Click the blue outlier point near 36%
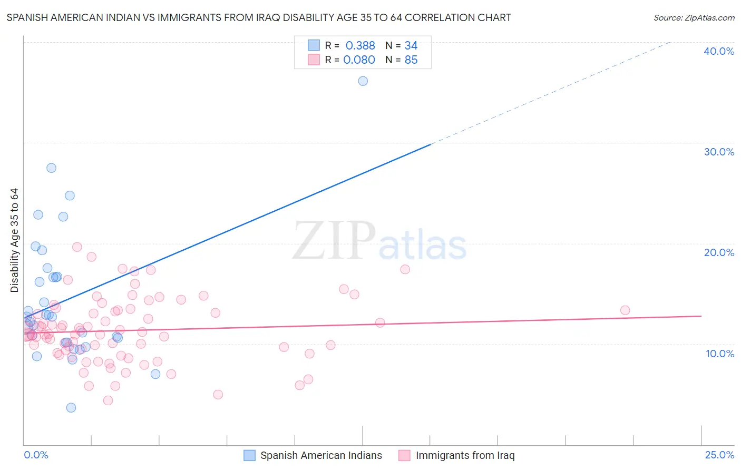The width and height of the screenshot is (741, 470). [x=363, y=81]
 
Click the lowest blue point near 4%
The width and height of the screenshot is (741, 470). [x=71, y=407]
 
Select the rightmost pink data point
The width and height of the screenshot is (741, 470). [x=625, y=310]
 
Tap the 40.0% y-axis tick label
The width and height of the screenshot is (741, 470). [x=719, y=51]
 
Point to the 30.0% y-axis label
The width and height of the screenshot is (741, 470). [x=719, y=152]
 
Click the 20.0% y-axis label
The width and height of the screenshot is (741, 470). [x=719, y=252]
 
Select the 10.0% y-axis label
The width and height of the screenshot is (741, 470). [x=720, y=354]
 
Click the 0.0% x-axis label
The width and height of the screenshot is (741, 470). [x=36, y=455]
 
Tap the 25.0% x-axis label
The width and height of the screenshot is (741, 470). [x=719, y=455]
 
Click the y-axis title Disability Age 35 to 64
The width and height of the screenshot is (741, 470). [x=14, y=240]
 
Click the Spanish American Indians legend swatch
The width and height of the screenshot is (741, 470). [x=249, y=455]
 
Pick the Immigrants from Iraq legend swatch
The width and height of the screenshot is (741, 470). [x=404, y=455]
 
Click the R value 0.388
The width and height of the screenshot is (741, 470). [x=360, y=46]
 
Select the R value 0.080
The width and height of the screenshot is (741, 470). [x=359, y=60]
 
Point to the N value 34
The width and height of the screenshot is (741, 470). [x=411, y=46]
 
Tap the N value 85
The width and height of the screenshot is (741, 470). [x=411, y=60]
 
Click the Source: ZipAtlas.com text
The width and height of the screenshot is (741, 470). [x=694, y=18]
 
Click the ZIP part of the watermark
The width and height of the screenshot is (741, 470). [x=334, y=241]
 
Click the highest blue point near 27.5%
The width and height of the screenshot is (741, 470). [x=51, y=168]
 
